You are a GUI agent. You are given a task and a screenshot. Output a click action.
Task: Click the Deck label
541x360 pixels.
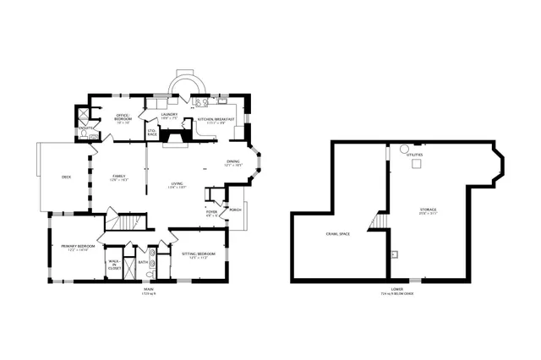click(x=66, y=177)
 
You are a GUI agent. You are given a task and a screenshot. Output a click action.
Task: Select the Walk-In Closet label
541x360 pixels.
click(x=114, y=264)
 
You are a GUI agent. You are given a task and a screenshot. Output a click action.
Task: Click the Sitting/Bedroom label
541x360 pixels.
click(x=199, y=254)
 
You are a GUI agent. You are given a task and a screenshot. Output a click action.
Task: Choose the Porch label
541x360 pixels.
click(x=235, y=210)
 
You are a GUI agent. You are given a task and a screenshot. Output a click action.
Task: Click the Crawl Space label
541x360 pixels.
click(x=338, y=233)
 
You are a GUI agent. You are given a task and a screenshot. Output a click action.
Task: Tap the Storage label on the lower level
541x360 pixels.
click(x=429, y=210)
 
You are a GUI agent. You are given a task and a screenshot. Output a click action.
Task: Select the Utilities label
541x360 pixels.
click(x=415, y=155)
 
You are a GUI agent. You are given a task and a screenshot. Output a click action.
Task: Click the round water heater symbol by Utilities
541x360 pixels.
click(x=404, y=151)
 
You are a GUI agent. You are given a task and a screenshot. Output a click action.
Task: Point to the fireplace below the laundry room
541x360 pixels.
click(x=176, y=135)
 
